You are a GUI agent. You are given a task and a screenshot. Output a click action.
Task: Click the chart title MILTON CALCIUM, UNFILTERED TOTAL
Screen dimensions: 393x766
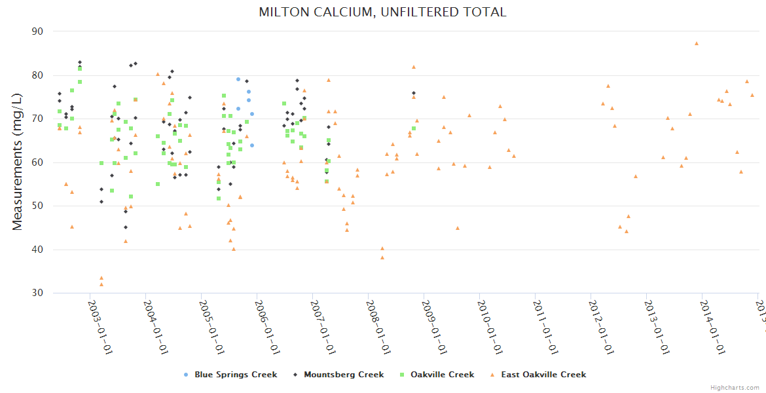[382, 12]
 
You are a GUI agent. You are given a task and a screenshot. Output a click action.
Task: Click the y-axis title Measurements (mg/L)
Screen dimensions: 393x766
[18, 162]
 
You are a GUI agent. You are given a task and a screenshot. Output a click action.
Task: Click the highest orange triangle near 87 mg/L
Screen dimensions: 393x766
[697, 43]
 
